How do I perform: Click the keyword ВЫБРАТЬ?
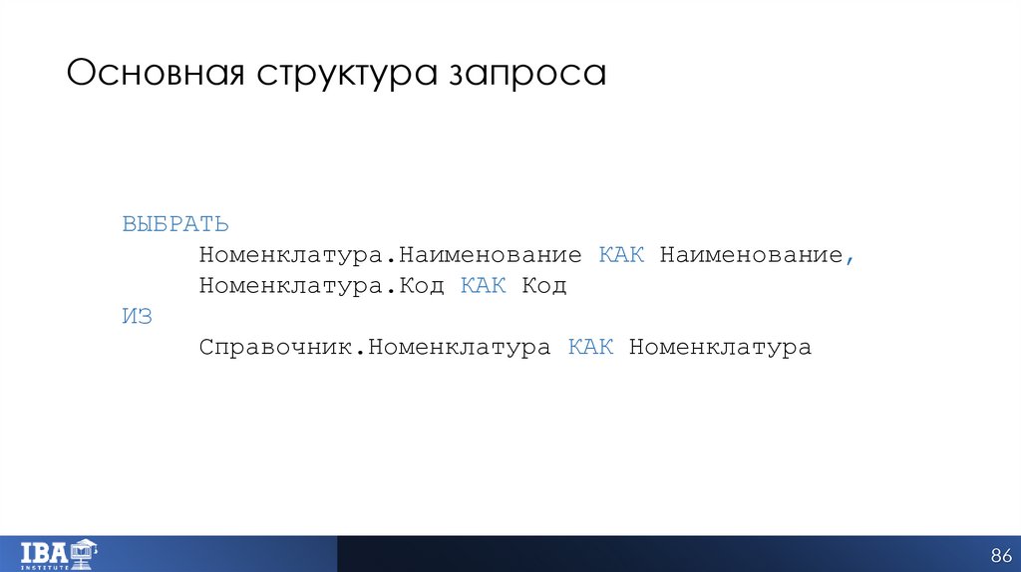(175, 224)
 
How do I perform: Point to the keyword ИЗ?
(137, 316)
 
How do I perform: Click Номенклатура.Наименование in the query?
(390, 255)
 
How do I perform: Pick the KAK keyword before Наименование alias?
(621, 255)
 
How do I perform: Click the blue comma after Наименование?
(851, 259)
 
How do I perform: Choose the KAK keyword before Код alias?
(483, 286)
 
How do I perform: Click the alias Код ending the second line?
(544, 286)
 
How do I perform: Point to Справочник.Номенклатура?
(374, 348)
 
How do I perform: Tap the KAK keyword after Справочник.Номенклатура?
(590, 348)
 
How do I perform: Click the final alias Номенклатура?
(720, 348)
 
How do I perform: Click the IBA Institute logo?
(57, 553)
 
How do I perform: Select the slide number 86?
(1001, 554)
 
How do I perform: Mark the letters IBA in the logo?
(45, 550)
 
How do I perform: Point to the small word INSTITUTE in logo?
(45, 566)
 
